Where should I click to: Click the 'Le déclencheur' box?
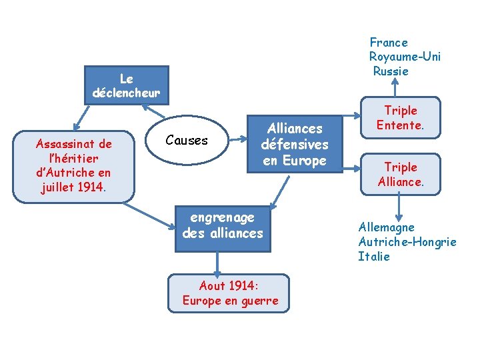[x=126, y=85]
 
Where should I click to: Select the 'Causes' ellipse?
[x=187, y=140]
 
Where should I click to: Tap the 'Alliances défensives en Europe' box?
[x=294, y=144]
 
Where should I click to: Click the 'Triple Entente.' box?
[x=400, y=118]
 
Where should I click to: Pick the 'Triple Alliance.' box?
[x=400, y=174]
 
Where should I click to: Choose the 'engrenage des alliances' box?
[x=223, y=225]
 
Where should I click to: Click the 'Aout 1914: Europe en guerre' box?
[x=230, y=293]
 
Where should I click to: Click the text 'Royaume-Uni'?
[x=405, y=57]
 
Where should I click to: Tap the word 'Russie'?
[x=391, y=71]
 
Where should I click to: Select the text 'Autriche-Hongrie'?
[x=407, y=241]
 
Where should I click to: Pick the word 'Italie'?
[x=374, y=256]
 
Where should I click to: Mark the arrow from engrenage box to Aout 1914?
[x=217, y=264]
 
